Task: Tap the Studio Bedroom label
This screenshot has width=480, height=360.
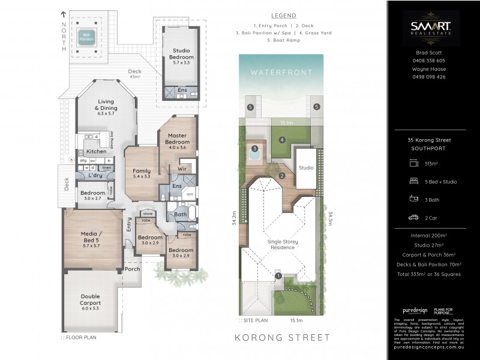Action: pos(181,55)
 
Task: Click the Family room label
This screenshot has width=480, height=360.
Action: pos(142,175)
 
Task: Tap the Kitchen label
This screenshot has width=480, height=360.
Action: pos(96,152)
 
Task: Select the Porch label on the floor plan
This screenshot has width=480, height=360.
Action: pos(132,269)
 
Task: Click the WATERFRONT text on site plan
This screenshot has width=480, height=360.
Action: pos(281,72)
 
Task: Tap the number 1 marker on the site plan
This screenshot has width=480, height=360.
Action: pos(278,275)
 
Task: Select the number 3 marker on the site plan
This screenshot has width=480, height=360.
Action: pos(255,148)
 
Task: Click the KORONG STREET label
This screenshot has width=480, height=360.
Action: pos(282,338)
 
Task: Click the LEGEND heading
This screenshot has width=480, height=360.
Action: pos(283,15)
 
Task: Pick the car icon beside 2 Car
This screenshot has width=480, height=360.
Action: pos(413,218)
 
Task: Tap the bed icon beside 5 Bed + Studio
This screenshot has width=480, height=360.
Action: pos(413,180)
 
